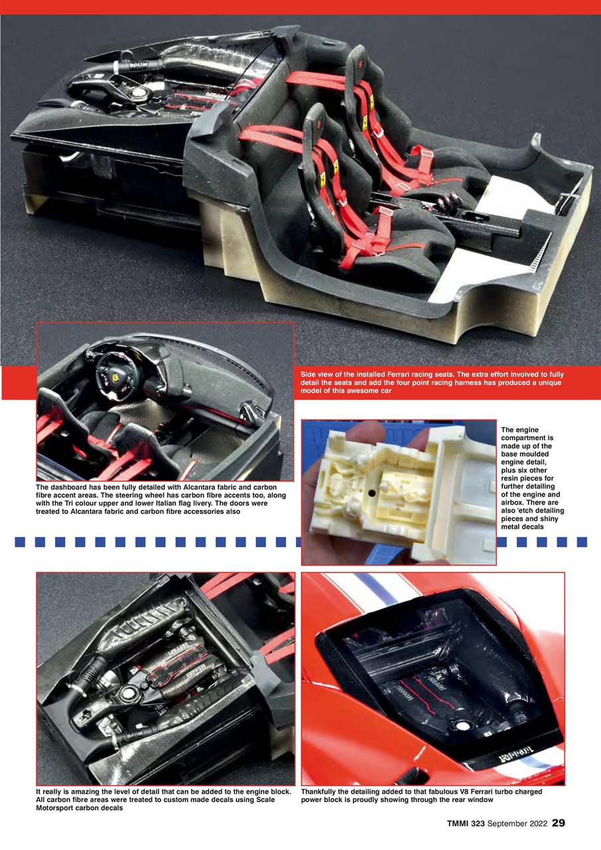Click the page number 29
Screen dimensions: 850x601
[558, 823]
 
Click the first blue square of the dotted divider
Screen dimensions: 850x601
[20, 542]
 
